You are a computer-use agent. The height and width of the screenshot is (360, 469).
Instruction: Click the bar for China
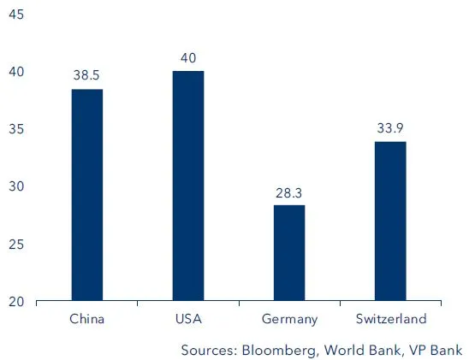[x=87, y=195]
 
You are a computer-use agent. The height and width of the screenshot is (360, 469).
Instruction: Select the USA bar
[x=188, y=186]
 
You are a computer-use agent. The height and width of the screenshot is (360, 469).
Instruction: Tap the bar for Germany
[x=289, y=253]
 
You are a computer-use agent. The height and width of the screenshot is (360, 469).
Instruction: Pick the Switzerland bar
[x=390, y=221]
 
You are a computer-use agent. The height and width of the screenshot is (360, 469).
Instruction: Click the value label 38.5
[x=87, y=76]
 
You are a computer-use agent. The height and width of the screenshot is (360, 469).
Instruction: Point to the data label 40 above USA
[x=188, y=58]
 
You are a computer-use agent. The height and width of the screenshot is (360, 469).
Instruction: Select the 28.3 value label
[x=289, y=192]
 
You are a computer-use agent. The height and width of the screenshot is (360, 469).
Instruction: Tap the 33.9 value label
[x=390, y=128]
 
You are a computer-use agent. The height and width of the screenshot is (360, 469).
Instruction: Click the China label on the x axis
[x=87, y=319]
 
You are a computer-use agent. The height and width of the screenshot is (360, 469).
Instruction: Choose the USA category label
[x=188, y=319]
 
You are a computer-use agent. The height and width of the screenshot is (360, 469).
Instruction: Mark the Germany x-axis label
[x=289, y=320]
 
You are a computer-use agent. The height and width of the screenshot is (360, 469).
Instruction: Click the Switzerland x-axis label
[x=390, y=319]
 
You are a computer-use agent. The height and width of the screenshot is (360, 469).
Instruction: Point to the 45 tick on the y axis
[x=15, y=15]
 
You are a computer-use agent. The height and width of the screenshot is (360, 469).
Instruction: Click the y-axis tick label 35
[x=15, y=129]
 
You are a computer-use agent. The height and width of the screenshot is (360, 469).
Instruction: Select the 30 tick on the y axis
[x=15, y=186]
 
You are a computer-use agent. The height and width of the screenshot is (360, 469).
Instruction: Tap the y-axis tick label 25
[x=15, y=245]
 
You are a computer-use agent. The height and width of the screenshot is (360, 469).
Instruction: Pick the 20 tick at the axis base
[x=15, y=302]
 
